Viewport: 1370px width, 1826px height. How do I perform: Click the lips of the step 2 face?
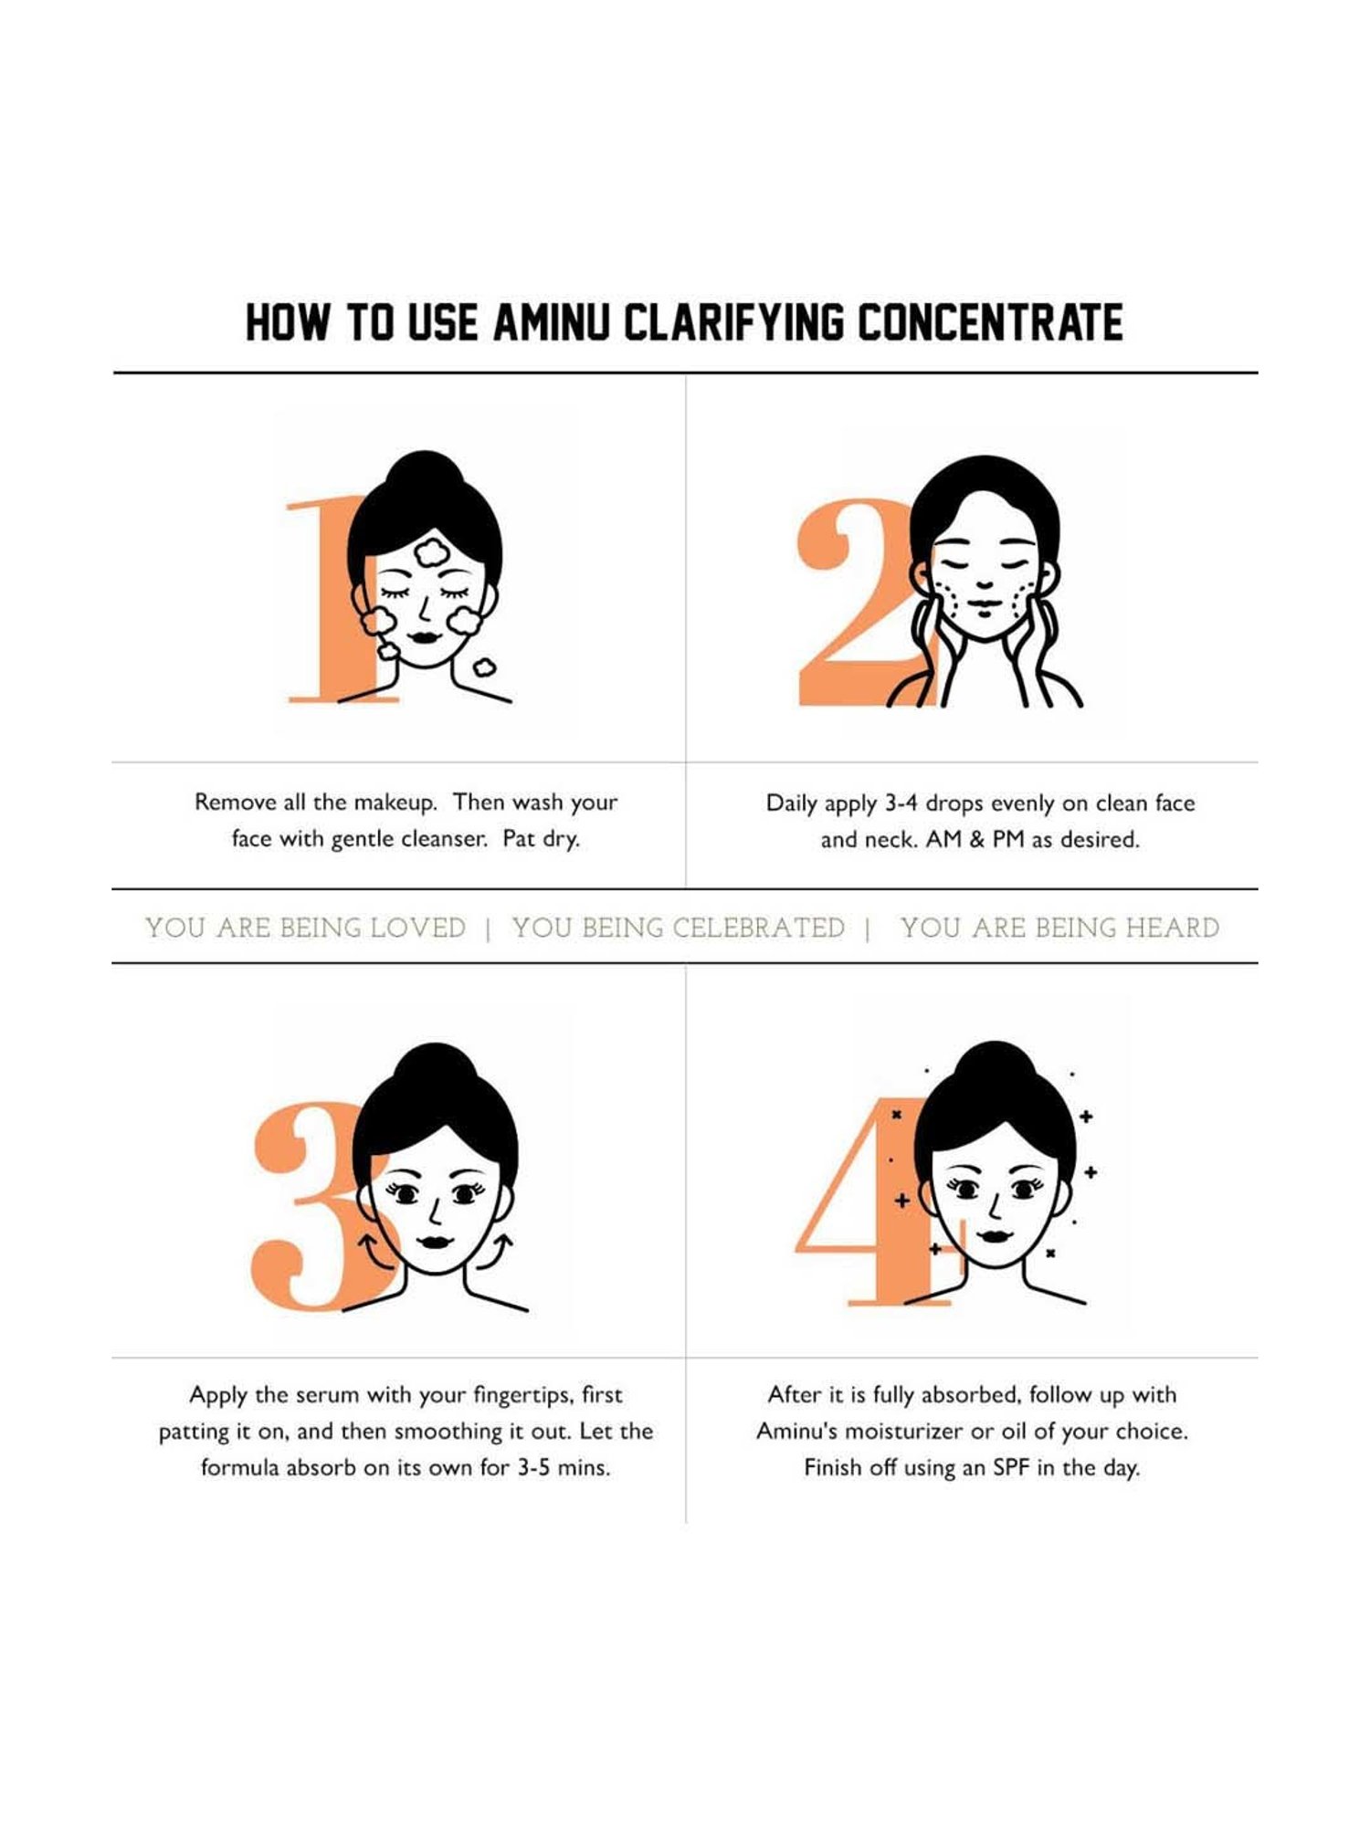click(x=983, y=604)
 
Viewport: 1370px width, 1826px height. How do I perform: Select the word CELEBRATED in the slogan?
click(x=758, y=928)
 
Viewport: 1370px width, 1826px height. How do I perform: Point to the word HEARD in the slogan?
click(x=1172, y=928)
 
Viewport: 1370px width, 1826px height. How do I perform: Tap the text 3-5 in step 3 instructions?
click(x=532, y=1468)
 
